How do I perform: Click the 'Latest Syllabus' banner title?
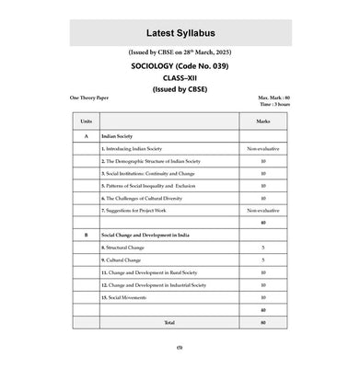[180, 34]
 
